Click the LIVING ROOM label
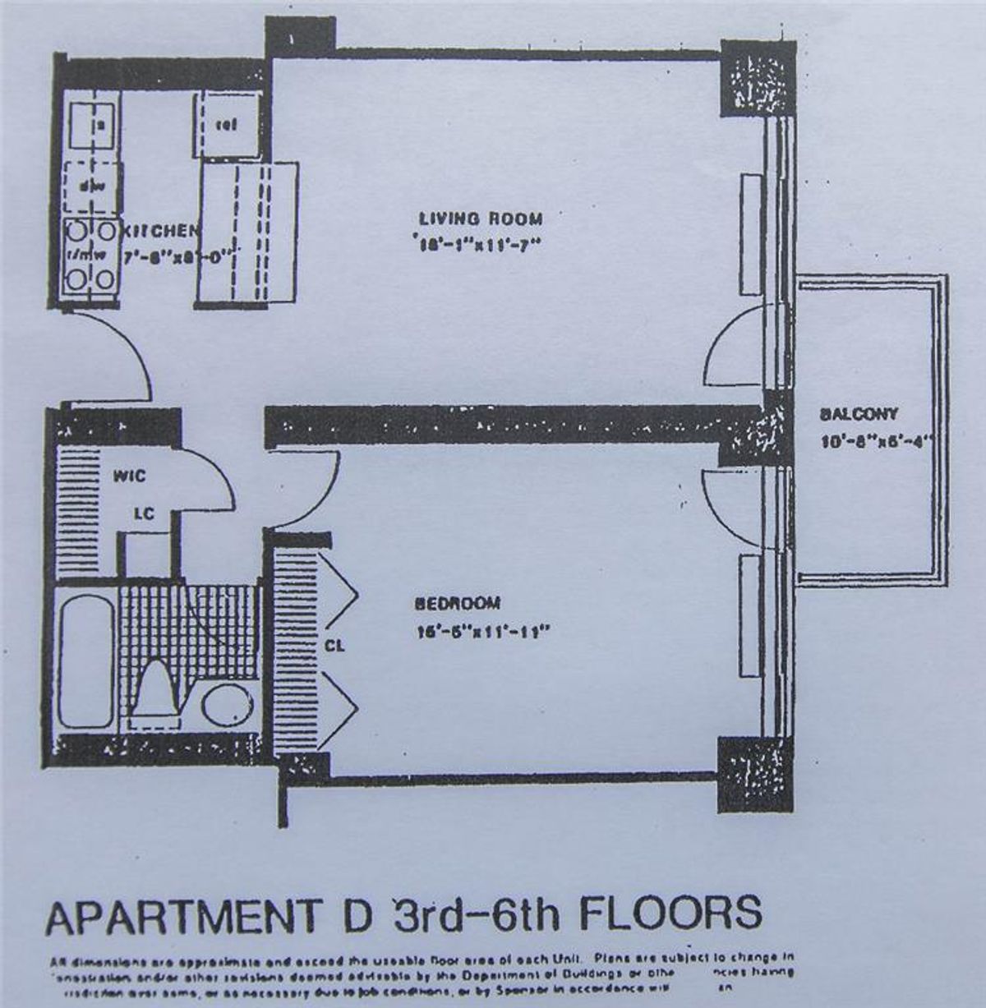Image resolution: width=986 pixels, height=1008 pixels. (481, 219)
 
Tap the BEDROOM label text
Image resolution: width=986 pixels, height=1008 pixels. (458, 604)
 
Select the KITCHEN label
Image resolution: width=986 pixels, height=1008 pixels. (160, 232)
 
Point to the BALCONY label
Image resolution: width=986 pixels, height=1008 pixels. (859, 415)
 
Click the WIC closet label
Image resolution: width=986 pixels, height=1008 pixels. (130, 476)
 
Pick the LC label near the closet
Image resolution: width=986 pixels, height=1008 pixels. (145, 513)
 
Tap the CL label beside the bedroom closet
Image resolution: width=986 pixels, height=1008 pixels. (334, 646)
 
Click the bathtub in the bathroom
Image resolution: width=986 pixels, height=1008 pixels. (85, 660)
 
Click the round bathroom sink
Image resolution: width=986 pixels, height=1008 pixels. (228, 705)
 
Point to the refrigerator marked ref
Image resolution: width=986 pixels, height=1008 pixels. (227, 125)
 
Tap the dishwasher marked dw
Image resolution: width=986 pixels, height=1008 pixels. (92, 186)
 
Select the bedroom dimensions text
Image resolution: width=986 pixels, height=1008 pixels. (481, 632)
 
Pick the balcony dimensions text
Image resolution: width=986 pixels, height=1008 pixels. (877, 441)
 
